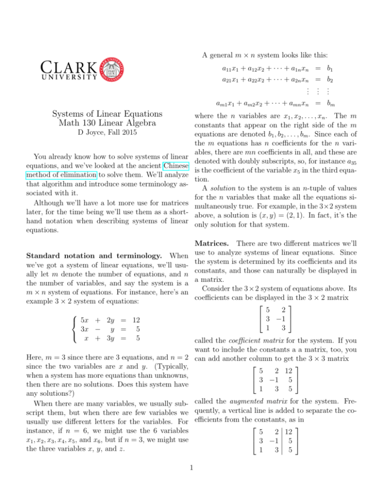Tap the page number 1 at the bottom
[191, 482]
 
